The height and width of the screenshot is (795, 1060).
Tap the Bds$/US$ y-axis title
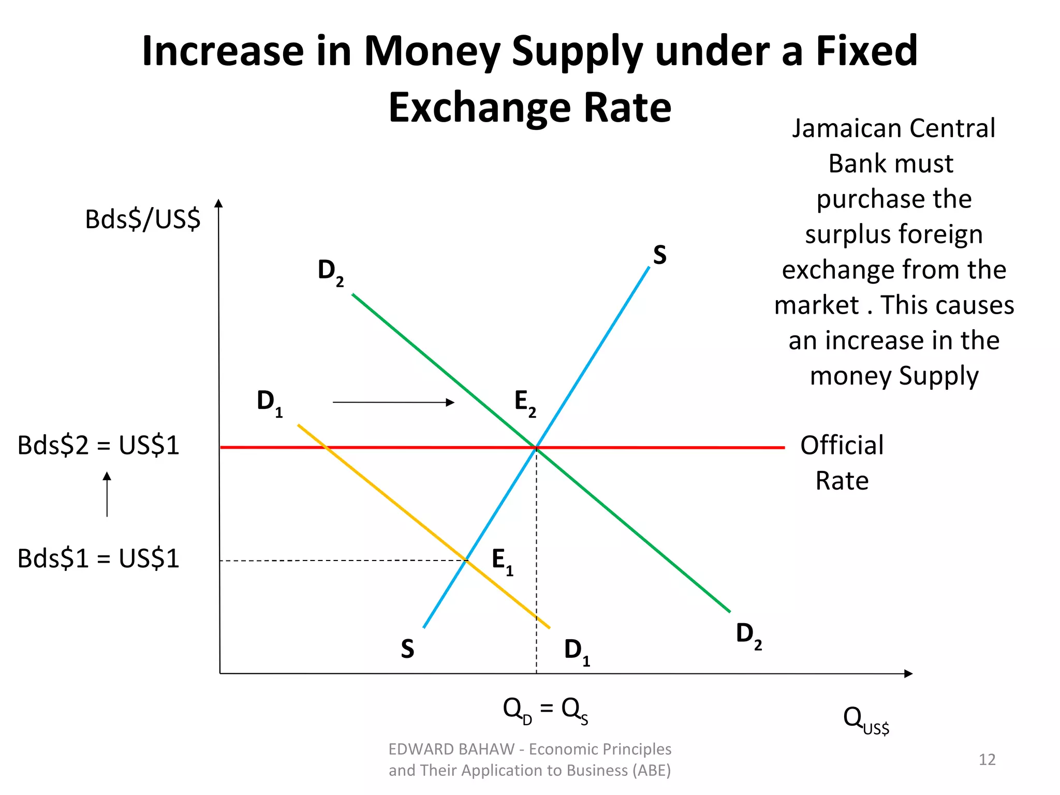tap(142, 219)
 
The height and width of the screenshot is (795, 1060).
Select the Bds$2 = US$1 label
tap(98, 446)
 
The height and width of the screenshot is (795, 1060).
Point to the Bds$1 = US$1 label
tap(98, 559)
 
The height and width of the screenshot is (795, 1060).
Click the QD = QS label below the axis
tap(545, 710)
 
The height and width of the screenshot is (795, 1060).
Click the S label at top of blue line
tap(659, 255)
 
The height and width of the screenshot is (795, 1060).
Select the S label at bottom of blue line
tap(407, 649)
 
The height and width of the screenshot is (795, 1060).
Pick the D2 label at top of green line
tap(330, 272)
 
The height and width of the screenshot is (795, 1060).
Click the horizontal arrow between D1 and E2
tap(393, 402)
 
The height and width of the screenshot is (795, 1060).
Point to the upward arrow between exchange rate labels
tap(107, 494)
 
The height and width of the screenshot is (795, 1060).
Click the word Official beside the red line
tap(842, 446)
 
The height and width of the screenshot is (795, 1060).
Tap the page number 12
tap(987, 759)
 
